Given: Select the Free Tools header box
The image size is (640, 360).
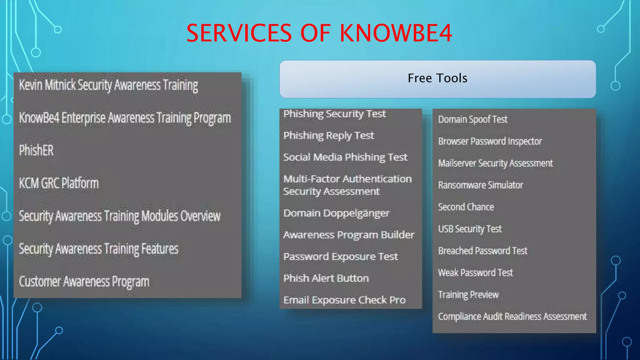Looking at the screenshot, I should click(x=437, y=79).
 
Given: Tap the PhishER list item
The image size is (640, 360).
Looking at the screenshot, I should click(x=36, y=150).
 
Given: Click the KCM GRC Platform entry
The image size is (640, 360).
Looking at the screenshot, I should click(x=59, y=183).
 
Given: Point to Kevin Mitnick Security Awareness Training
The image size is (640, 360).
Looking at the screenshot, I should click(x=108, y=85).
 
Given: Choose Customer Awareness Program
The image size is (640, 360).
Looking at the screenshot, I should click(x=84, y=282).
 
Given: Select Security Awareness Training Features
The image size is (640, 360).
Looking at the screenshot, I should click(x=99, y=249).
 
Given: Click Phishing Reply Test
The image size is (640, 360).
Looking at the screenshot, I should click(x=328, y=136).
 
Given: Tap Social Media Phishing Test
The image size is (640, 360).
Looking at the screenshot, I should click(x=345, y=157).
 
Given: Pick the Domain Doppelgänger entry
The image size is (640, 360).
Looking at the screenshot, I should click(x=336, y=213).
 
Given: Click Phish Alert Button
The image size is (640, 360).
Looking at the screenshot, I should click(x=326, y=278).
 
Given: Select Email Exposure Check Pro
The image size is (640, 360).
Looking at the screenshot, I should click(x=344, y=300).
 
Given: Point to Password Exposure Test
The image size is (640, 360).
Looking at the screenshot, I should click(x=341, y=257).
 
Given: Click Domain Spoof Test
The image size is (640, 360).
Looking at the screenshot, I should click(x=472, y=119).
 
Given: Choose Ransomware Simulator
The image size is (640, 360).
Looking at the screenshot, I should click(x=480, y=185).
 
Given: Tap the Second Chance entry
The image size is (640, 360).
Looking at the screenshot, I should click(x=466, y=207).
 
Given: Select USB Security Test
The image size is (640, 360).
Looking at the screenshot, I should click(x=470, y=229).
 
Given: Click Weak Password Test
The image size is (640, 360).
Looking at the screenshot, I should click(x=475, y=272).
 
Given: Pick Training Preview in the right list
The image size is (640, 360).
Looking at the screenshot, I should click(x=468, y=294).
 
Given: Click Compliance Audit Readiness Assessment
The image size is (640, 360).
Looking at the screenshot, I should click(x=512, y=316).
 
